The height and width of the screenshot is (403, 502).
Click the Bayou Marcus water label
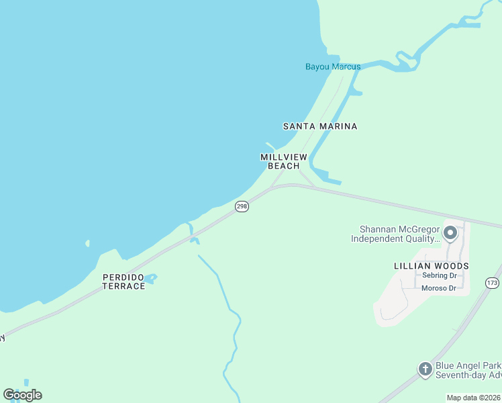coord(333,66)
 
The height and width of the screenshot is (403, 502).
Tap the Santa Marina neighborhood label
coord(319,126)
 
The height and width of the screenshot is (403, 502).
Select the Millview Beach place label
coord(283,161)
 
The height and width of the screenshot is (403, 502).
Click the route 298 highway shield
coord(242,207)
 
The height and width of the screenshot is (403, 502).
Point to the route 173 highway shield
coord(493,283)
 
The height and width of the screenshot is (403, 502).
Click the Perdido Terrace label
coord(123,281)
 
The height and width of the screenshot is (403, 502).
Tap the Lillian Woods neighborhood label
coord(431,266)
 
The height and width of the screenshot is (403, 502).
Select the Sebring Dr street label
coord(439,276)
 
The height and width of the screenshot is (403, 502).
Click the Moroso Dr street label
coord(438,288)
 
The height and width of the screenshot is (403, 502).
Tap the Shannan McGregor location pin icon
coord(450,233)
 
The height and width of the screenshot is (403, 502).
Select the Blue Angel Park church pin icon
coord(425,369)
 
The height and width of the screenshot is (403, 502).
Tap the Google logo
coord(22,395)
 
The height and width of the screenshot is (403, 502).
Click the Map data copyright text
coord(474,398)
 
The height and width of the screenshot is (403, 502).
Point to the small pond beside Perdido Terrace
coord(150,277)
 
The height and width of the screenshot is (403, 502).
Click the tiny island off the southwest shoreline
coord(87,243)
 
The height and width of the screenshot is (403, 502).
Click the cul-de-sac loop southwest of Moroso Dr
coord(384,312)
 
